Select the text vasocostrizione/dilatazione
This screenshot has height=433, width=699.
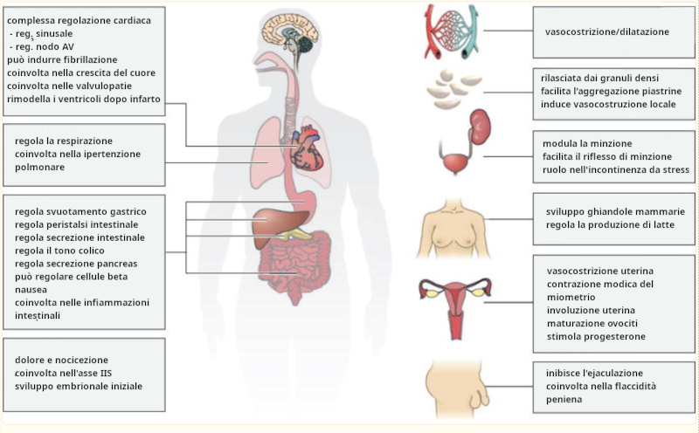pyautogui.click(x=606, y=31)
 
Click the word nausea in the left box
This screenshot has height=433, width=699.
pyautogui.click(x=30, y=289)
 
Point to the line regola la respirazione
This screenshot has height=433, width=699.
pyautogui.click(x=64, y=141)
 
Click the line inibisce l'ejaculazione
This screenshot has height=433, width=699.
pyautogui.click(x=594, y=372)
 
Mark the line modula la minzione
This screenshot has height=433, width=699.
pyautogui.click(x=587, y=143)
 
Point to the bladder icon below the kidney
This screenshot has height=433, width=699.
pyautogui.click(x=453, y=162)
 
